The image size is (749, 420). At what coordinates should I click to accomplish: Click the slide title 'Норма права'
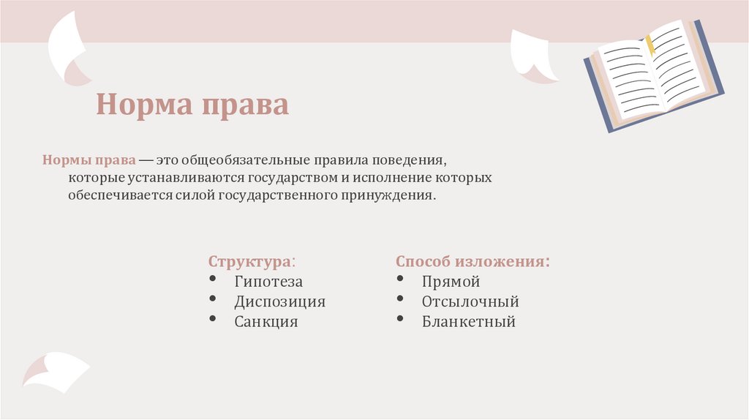[192, 105]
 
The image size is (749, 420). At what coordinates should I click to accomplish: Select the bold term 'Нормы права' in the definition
[89, 160]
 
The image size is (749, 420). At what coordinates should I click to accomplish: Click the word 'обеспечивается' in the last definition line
[121, 196]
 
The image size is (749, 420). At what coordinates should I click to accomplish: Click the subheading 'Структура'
[250, 262]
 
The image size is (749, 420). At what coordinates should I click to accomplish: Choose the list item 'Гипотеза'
[268, 282]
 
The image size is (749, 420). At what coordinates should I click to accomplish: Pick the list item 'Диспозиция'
[279, 301]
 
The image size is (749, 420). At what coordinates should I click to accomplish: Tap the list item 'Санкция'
[266, 321]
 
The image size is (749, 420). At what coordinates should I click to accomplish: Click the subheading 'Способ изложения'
[472, 262]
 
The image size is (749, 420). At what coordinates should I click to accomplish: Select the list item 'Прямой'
[451, 282]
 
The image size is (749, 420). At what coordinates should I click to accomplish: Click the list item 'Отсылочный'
[470, 301]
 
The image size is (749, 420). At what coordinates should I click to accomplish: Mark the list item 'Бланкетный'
[468, 321]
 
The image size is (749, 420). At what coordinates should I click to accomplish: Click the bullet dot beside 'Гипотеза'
[212, 280]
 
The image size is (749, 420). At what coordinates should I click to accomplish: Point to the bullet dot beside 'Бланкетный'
[400, 319]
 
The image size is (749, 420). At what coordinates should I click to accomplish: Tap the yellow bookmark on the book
[650, 45]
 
